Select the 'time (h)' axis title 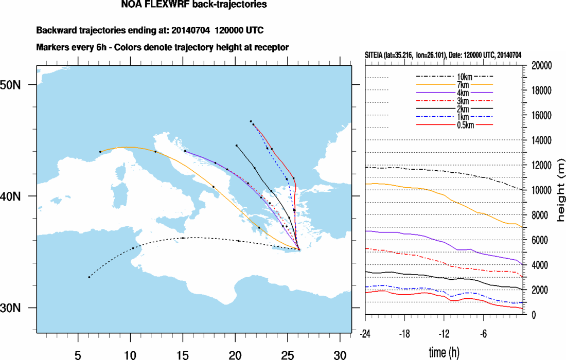tap(444, 352)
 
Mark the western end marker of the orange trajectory tap(100, 152)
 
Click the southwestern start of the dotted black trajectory tap(89, 277)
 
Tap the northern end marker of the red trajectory tap(251, 121)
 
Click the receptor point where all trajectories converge tap(299, 250)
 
